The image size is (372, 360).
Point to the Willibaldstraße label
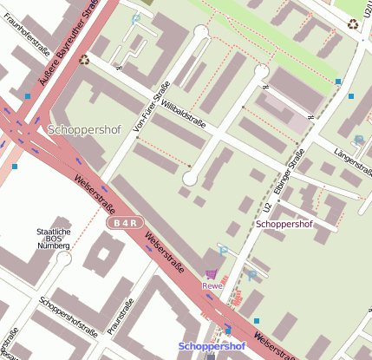click(183, 112)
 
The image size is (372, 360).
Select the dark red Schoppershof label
click(296, 224)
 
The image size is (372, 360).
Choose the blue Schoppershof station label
click(212, 346)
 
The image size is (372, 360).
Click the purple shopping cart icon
click(212, 273)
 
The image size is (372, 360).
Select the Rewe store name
click(212, 285)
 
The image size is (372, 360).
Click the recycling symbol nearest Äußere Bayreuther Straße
click(84, 60)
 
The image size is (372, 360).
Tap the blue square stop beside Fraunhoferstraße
click(28, 95)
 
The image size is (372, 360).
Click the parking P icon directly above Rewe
click(222, 252)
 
